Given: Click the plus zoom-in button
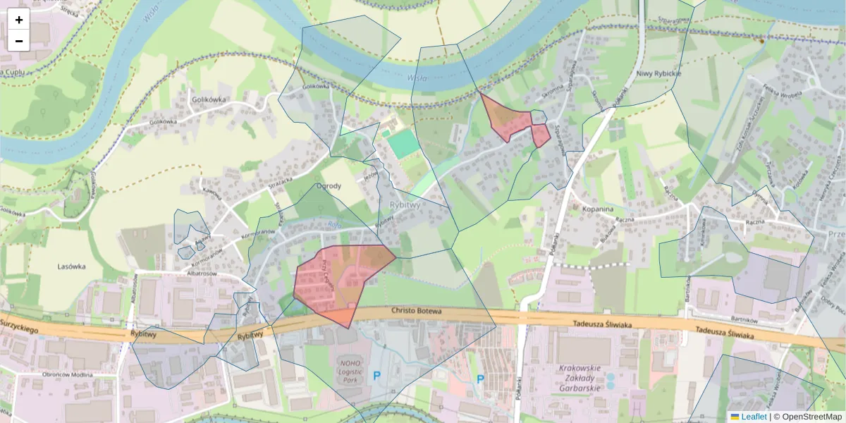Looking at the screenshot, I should click(x=19, y=20).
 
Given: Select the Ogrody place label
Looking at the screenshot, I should click(x=329, y=187).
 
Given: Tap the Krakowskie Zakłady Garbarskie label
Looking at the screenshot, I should click(x=579, y=378).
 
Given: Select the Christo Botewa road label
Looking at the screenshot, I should click(x=416, y=311).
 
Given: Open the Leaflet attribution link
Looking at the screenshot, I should click(x=754, y=417).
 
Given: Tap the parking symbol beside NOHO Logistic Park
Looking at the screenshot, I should click(x=376, y=376).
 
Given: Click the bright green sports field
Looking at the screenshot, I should click(x=402, y=145).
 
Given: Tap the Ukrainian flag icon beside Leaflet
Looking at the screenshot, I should click(x=735, y=417).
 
